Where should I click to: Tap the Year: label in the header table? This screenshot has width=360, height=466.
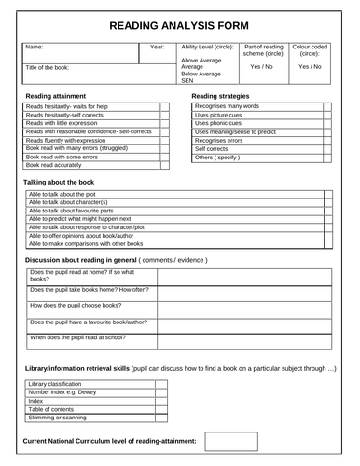pyautogui.click(x=157, y=46)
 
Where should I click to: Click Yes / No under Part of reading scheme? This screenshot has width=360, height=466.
pyautogui.click(x=261, y=67)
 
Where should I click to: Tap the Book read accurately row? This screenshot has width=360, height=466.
pyautogui.click(x=56, y=165)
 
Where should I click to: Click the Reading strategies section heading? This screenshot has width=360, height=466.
pyautogui.click(x=227, y=96)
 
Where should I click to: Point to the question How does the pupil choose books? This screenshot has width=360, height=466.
pyautogui.click(x=76, y=305)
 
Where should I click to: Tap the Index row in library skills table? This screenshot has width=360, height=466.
pyautogui.click(x=37, y=402)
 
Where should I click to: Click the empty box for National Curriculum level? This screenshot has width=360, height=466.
pyautogui.click(x=230, y=441)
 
